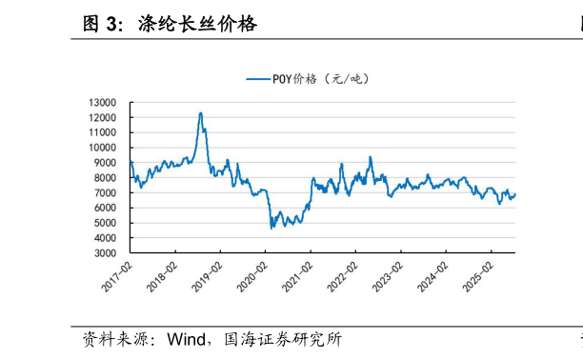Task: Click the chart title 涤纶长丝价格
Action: (197, 24)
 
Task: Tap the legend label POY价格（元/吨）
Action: (320, 79)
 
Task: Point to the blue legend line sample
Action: (258, 79)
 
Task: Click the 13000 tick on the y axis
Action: (102, 102)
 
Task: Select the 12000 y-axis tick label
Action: (102, 117)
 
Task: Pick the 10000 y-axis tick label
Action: (102, 148)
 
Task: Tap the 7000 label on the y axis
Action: (105, 192)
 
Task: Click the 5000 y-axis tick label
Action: (105, 223)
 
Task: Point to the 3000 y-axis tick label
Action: (105, 253)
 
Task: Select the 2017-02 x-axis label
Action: (117, 276)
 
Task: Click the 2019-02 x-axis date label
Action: (207, 276)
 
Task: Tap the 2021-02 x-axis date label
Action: (297, 276)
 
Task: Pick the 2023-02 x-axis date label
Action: (388, 276)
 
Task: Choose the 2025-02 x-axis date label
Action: (478, 276)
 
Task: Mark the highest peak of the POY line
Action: (201, 112)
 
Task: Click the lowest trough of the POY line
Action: (271, 229)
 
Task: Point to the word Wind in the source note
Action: (187, 339)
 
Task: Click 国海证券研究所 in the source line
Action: (283, 339)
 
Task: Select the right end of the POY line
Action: (515, 194)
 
